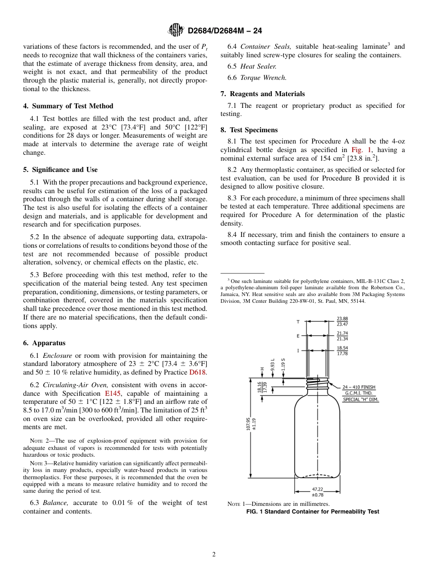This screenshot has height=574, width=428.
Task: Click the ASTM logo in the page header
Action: pyautogui.click(x=176, y=30)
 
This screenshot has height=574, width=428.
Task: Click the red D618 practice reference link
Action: pyautogui.click(x=198, y=372)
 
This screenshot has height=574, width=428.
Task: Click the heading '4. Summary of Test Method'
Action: pyautogui.click(x=68, y=106)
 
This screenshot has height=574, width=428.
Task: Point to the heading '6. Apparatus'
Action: pyautogui.click(x=44, y=343)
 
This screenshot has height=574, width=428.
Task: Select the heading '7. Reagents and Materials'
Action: pyautogui.click(x=263, y=94)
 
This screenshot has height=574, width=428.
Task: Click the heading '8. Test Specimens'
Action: pyautogui.click(x=249, y=130)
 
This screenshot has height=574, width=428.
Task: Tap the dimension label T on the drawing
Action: pyautogui.click(x=297, y=322)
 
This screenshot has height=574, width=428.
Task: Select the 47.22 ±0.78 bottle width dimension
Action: pyautogui.click(x=318, y=491)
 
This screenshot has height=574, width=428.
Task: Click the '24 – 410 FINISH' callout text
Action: pyautogui.click(x=359, y=387)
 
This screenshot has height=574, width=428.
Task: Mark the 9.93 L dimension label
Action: pyautogui.click(x=273, y=365)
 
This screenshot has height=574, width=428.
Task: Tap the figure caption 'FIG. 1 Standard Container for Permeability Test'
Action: pyautogui.click(x=312, y=511)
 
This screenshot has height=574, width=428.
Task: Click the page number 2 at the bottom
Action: pyautogui.click(x=214, y=555)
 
